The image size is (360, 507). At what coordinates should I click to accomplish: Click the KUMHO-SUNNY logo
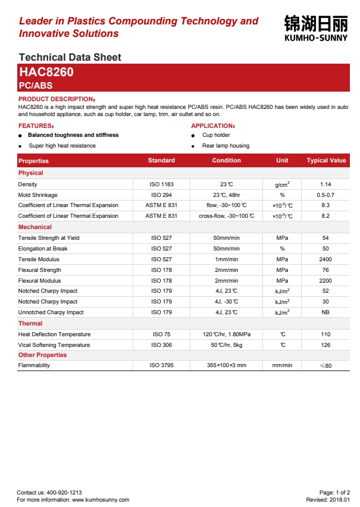click(x=315, y=27)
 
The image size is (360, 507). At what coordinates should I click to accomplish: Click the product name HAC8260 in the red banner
click(x=46, y=73)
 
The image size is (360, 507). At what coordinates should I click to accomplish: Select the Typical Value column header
click(x=326, y=161)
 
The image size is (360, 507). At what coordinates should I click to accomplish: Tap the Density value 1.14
click(x=325, y=184)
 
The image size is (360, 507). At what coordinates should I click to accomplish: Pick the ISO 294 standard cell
click(x=161, y=195)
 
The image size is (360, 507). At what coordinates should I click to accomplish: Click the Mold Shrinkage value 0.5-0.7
click(x=325, y=195)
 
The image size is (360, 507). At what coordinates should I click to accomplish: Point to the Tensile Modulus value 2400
click(x=325, y=259)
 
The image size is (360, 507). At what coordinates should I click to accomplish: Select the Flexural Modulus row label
click(x=40, y=281)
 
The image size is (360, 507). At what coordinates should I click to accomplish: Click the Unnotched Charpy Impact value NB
click(x=325, y=312)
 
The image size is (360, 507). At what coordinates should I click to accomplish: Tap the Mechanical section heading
click(x=35, y=227)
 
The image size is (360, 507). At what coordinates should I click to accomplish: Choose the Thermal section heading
click(x=30, y=324)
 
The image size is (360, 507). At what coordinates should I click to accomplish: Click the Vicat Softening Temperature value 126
click(x=325, y=345)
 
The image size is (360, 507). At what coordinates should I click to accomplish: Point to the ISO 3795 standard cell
click(x=161, y=365)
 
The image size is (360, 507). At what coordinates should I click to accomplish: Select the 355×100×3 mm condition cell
click(x=226, y=365)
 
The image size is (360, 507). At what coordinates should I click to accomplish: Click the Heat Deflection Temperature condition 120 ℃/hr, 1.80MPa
click(x=226, y=334)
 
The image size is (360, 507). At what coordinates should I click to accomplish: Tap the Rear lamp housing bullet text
click(x=226, y=146)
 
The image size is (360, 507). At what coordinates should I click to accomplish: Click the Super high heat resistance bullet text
click(x=62, y=146)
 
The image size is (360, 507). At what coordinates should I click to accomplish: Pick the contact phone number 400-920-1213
click(x=64, y=493)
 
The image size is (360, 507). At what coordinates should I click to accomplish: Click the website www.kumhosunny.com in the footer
click(x=101, y=500)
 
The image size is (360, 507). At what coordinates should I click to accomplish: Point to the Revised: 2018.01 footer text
click(x=328, y=500)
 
